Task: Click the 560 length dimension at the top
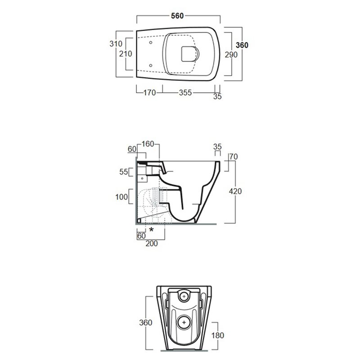click(177, 16)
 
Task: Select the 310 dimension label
click(116, 44)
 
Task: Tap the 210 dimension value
click(126, 54)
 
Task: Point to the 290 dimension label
click(231, 54)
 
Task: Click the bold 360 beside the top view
click(242, 45)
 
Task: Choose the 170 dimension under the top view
click(150, 93)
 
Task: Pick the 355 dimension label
click(185, 93)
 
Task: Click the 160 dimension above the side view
click(148, 144)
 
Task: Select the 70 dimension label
click(234, 157)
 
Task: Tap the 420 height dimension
click(235, 191)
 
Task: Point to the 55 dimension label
click(123, 172)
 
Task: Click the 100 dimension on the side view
click(121, 197)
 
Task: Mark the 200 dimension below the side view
click(152, 243)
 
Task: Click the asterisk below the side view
click(151, 229)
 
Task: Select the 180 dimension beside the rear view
click(218, 335)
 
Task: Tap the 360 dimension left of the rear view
click(145, 323)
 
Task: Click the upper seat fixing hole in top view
click(151, 42)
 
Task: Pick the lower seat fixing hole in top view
click(151, 66)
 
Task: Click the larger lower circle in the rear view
click(184, 323)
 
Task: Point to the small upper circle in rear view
click(184, 297)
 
